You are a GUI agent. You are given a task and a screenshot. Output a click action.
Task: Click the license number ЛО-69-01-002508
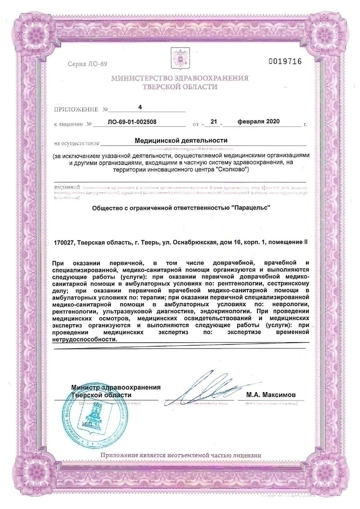click(x=133, y=122)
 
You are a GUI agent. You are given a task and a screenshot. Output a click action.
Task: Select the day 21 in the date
click(x=214, y=121)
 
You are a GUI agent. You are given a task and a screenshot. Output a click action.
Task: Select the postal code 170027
click(x=63, y=242)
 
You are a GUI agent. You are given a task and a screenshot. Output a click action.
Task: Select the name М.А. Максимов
click(x=271, y=394)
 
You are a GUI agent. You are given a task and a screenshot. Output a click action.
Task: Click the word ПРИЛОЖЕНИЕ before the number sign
click(x=76, y=109)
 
